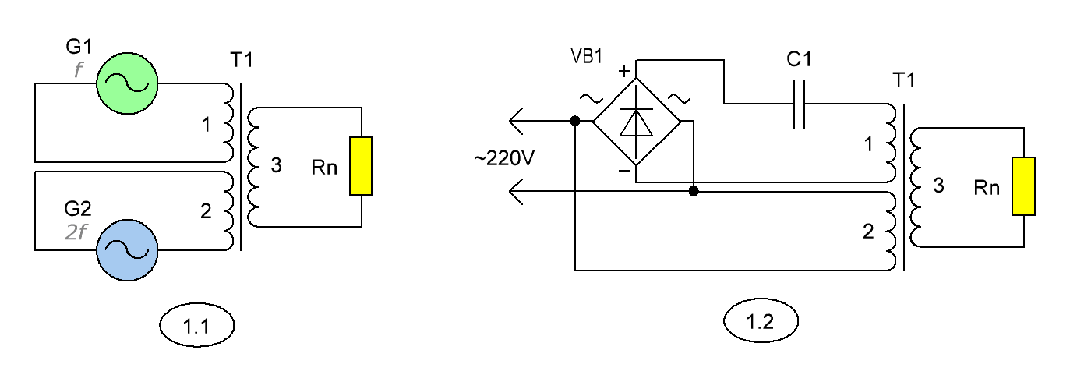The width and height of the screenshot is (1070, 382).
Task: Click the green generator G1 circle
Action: coord(127,83)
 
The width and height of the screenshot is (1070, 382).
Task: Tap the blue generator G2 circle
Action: coord(127,250)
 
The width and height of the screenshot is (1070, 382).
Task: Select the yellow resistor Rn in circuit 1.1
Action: coord(361,166)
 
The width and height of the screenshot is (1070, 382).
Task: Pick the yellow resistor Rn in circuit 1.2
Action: coord(1024,186)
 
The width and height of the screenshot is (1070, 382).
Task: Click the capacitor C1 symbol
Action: coord(799,104)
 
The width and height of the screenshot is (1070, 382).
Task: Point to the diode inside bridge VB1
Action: coord(636,122)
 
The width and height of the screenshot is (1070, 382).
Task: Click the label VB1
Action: coord(587,56)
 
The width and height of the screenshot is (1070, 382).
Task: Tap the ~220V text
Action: coord(504,158)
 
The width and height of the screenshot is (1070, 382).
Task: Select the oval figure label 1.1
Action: coord(197,325)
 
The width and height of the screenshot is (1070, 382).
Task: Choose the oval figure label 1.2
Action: coord(761,320)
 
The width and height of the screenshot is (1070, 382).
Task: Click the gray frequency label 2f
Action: coord(76,232)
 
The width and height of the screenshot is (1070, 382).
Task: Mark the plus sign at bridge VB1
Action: coord(624,71)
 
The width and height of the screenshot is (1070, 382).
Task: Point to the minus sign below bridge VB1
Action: coord(625,171)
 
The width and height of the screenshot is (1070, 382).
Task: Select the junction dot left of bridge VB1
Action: coord(575,121)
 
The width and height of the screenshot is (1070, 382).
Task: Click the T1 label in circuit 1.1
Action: coord(242,60)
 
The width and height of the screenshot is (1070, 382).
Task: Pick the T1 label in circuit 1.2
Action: coord(904,80)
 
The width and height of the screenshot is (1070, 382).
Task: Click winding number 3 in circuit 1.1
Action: coord(276,165)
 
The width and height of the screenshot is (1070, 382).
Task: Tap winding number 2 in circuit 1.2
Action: coord(868,232)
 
